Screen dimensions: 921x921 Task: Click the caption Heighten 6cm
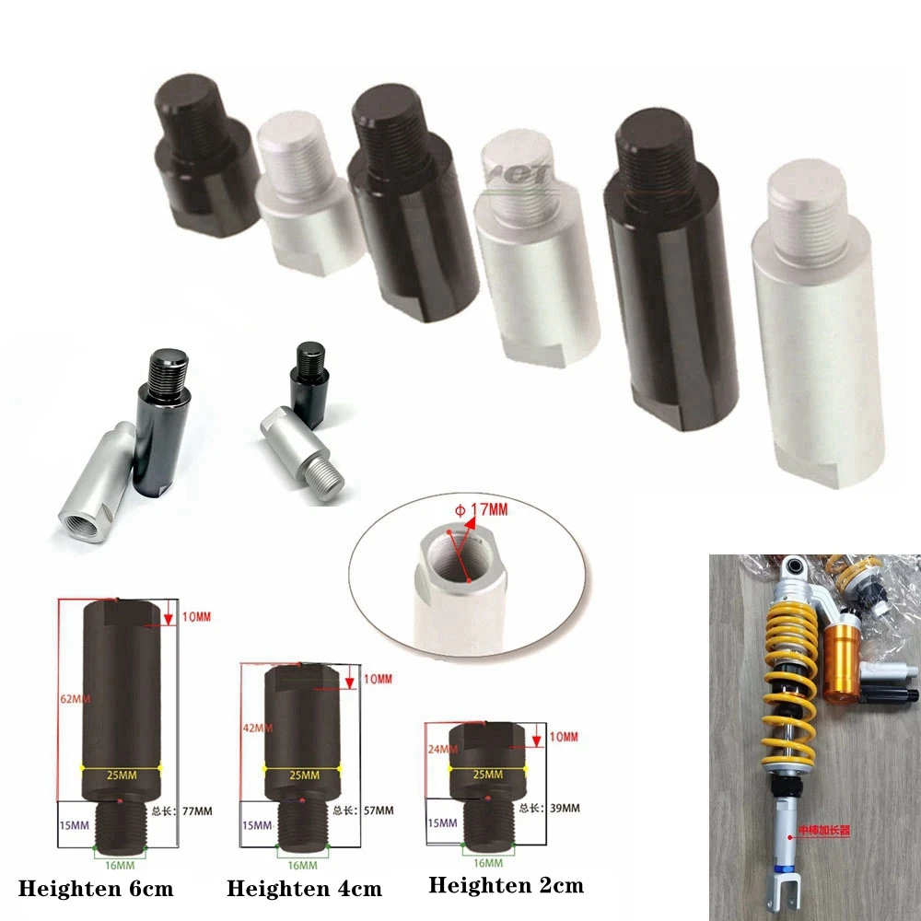(x=96, y=890)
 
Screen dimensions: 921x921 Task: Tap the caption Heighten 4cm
(x=304, y=890)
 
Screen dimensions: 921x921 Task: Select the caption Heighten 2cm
(x=506, y=885)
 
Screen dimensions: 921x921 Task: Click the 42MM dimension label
(x=253, y=728)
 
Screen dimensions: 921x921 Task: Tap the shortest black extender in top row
(x=204, y=153)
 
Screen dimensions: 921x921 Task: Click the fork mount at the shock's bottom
(x=783, y=890)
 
